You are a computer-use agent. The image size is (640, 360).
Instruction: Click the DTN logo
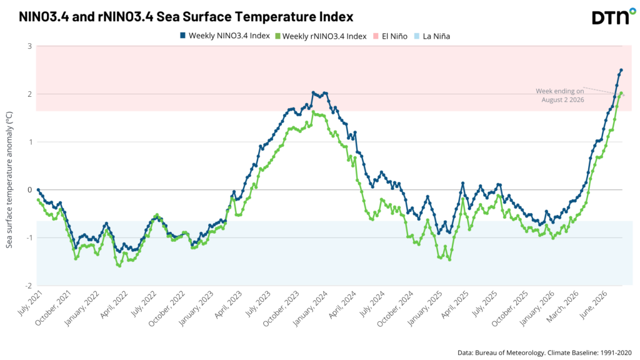pyautogui.click(x=614, y=16)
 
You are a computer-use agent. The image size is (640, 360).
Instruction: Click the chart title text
pyautogui.click(x=186, y=17)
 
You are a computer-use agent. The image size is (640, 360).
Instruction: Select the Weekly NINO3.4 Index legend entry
pyautogui.click(x=225, y=36)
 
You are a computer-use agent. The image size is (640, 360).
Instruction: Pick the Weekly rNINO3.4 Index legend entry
pyautogui.click(x=321, y=36)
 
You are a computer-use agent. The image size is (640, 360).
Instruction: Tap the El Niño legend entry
pyautogui.click(x=390, y=36)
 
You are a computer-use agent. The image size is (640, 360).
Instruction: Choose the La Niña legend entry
pyautogui.click(x=432, y=36)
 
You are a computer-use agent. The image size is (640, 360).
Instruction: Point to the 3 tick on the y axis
pyautogui.click(x=30, y=46)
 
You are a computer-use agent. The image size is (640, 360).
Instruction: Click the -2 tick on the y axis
pyautogui.click(x=29, y=286)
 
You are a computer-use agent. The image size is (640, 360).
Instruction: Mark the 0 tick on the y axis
pyautogui.click(x=30, y=190)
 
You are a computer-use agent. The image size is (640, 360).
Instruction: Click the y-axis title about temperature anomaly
pyautogui.click(x=9, y=179)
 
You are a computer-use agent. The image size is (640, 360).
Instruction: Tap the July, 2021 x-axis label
pyautogui.click(x=30, y=303)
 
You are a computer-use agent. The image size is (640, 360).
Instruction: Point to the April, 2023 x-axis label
pyautogui.click(x=228, y=304)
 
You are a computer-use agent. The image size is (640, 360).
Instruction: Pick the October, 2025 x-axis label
pyautogui.click(x=509, y=309)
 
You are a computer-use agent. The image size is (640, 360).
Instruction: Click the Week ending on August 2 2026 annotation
pyautogui.click(x=559, y=96)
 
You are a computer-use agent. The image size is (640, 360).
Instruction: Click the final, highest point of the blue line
pyautogui.click(x=621, y=70)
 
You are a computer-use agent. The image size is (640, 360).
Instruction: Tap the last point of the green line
pyautogui.click(x=621, y=93)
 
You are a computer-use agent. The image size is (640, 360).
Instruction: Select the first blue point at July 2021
pyautogui.click(x=38, y=190)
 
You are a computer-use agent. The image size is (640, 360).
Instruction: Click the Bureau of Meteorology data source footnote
pyautogui.click(x=544, y=352)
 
